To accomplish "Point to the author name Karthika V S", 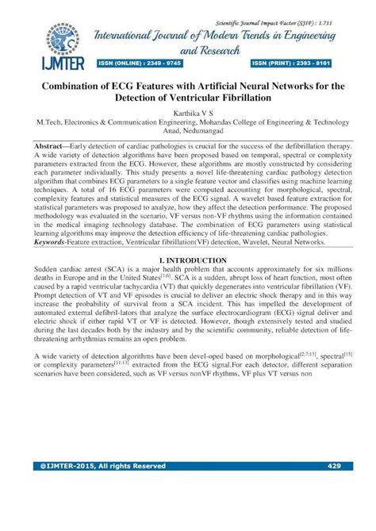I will click(x=188, y=114).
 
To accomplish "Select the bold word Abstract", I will click(x=52, y=148).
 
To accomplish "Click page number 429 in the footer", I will click(x=333, y=466).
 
